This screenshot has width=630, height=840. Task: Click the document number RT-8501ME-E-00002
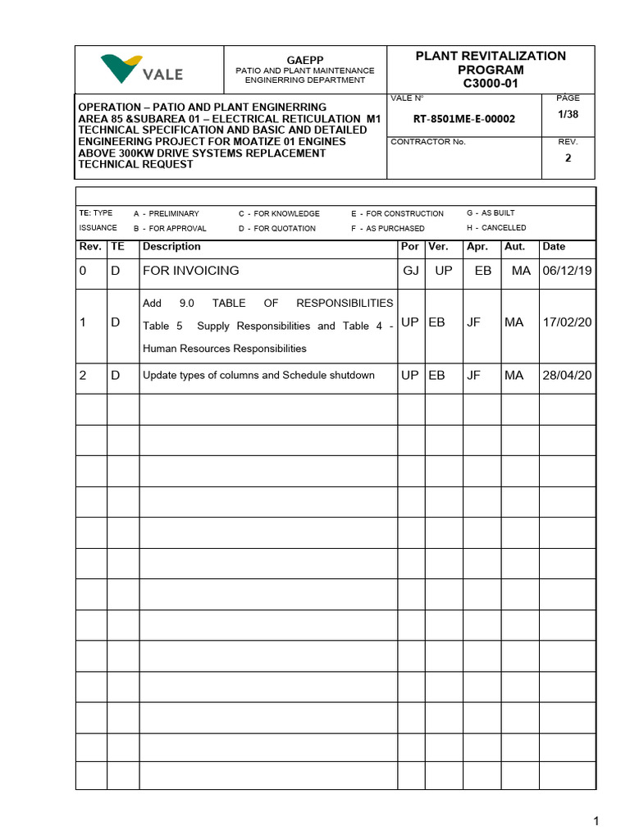coord(464,119)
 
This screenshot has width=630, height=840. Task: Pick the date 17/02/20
coord(567,323)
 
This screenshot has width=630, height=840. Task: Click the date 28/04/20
coord(567,376)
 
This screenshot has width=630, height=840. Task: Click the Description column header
coord(171,247)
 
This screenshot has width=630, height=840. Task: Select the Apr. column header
coord(477,247)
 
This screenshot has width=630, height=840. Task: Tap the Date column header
coord(554,247)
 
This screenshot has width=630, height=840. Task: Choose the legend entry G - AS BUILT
coord(491,213)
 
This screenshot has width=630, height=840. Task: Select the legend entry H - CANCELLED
coord(496,228)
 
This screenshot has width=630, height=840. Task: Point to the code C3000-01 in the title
coord(491,84)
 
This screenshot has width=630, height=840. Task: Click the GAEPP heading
coord(305,60)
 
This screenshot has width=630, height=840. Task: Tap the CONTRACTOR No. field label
coord(427,142)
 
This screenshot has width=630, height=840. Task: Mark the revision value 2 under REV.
coord(568,159)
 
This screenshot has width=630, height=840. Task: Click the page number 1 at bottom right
coord(597,821)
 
